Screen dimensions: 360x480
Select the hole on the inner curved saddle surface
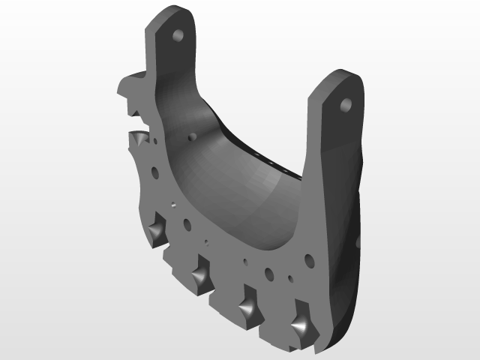point(192,137)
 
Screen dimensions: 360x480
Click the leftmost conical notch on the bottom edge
point(157,230)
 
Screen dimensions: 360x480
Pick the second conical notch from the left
point(201,273)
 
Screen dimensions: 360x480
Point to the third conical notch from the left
point(247,307)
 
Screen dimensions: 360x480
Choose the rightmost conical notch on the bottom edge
point(300,325)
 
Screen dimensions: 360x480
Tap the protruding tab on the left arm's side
point(129,85)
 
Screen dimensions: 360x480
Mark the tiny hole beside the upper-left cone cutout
point(154,140)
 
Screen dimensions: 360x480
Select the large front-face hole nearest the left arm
point(155,172)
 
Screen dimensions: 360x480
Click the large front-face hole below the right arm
point(308,261)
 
